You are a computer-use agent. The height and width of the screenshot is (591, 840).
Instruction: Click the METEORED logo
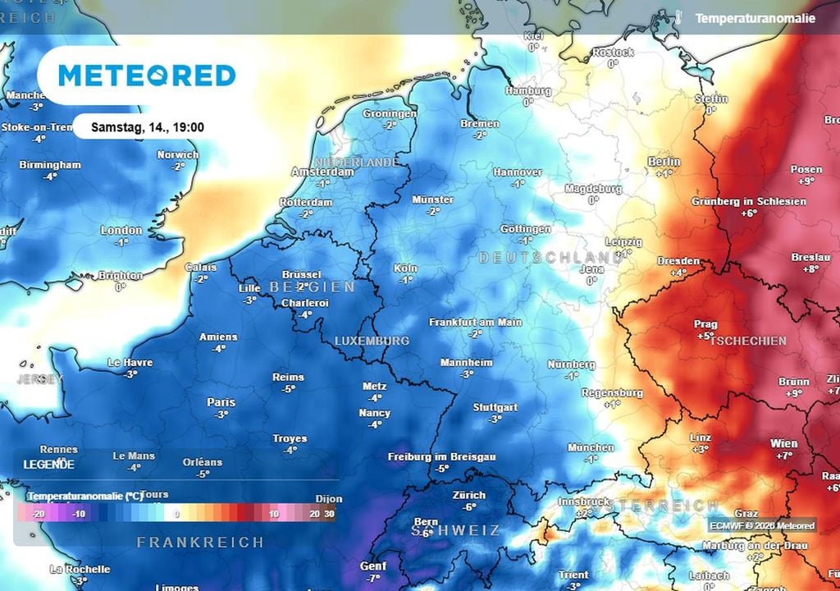[x=147, y=76]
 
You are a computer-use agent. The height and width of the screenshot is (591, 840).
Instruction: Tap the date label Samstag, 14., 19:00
[x=147, y=128]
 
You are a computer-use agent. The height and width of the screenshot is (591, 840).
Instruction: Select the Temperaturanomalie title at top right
[x=755, y=18]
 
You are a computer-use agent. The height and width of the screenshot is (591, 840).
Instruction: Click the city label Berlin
[x=664, y=162]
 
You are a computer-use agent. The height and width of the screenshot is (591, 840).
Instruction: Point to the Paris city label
[x=221, y=402]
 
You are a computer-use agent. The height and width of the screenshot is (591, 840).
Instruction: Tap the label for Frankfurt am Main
[x=475, y=323]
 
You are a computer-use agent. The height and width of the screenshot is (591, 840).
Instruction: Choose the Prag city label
[x=705, y=323]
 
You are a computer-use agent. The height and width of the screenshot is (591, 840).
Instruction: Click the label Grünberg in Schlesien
[x=748, y=201]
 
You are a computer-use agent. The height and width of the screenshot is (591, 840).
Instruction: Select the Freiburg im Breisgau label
[x=442, y=456]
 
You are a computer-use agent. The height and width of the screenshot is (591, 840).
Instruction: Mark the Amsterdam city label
[x=323, y=172]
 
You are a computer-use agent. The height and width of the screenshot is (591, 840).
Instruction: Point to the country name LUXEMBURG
[x=372, y=341]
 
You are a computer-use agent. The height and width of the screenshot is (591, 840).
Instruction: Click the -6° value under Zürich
[x=468, y=507]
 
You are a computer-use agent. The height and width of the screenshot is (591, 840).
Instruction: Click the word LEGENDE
[x=48, y=465]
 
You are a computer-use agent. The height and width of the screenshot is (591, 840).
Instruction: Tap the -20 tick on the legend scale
[x=37, y=514]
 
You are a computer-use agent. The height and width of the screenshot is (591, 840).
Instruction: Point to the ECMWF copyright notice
[x=762, y=526]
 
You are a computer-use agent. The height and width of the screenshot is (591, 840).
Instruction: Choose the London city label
[x=121, y=231]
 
